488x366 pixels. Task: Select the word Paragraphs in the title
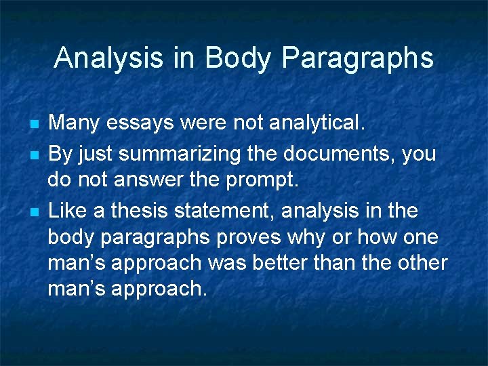357,59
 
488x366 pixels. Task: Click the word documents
332,154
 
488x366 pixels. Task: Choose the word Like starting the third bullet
68,211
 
